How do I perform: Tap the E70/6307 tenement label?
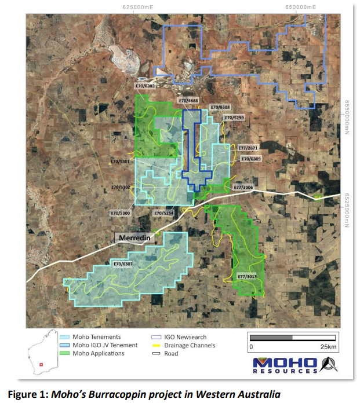123,264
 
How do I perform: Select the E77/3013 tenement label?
248,277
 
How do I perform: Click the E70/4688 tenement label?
190,101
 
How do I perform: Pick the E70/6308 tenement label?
220,107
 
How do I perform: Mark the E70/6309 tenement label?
250,159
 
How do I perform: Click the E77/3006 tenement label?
243,188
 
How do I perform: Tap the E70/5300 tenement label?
121,213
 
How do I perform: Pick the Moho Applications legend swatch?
65,353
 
